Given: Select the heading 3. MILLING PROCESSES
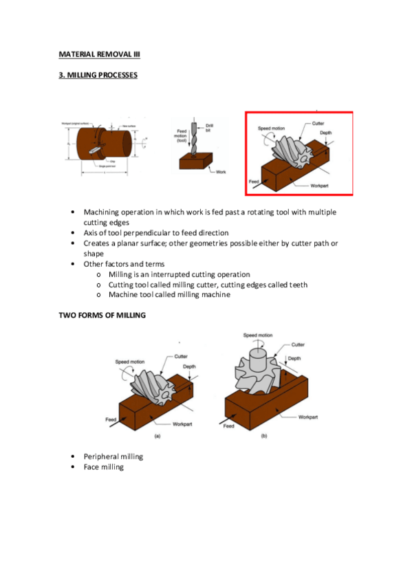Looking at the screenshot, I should (x=97, y=75).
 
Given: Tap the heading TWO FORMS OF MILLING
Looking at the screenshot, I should (x=101, y=315).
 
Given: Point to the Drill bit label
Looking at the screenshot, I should (x=209, y=128).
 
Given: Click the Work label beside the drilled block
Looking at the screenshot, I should (x=220, y=172).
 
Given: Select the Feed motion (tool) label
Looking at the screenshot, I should (x=182, y=135).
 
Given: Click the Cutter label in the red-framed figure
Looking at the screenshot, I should (x=318, y=123).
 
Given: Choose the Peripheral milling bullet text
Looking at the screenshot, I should (x=113, y=456).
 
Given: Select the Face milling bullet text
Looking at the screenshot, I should (x=104, y=467).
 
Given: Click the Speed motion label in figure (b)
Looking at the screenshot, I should (x=258, y=335).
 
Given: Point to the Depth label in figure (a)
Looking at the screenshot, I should (x=189, y=366).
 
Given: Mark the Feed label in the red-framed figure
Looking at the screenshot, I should (x=254, y=181).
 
